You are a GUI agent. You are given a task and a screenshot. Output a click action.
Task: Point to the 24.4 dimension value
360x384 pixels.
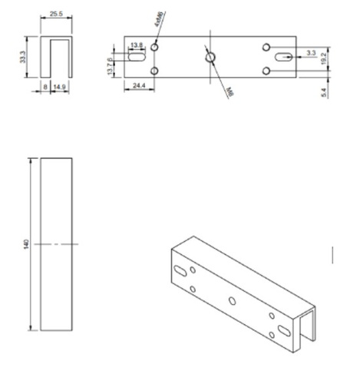click(139, 87)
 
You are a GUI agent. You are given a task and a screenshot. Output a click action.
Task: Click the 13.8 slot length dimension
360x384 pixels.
click(137, 46)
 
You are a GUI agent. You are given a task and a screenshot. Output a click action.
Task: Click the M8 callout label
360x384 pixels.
click(230, 90)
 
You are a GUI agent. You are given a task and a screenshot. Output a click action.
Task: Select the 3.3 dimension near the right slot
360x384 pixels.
click(310, 52)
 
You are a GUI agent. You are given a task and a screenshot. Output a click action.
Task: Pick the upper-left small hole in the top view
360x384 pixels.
click(155, 47)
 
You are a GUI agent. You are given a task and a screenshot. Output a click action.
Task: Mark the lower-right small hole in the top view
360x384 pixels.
click(266, 71)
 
